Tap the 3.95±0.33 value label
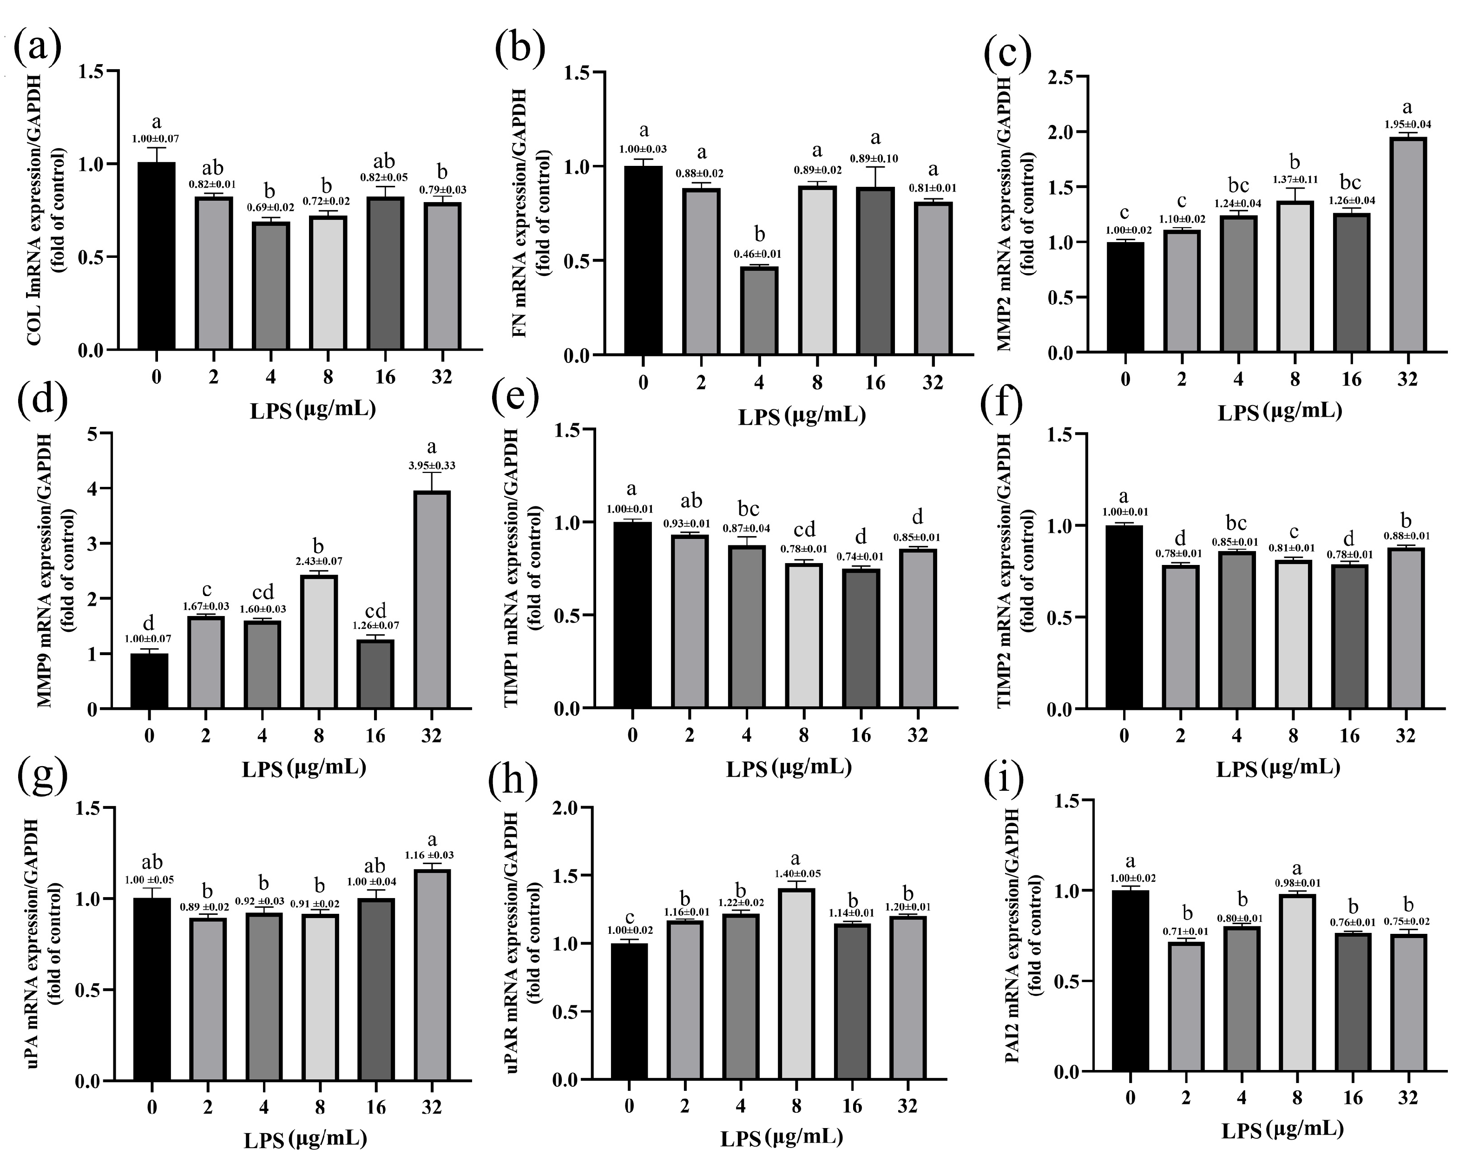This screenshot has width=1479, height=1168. point(432,466)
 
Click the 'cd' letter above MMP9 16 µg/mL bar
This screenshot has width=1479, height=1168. point(375,610)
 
